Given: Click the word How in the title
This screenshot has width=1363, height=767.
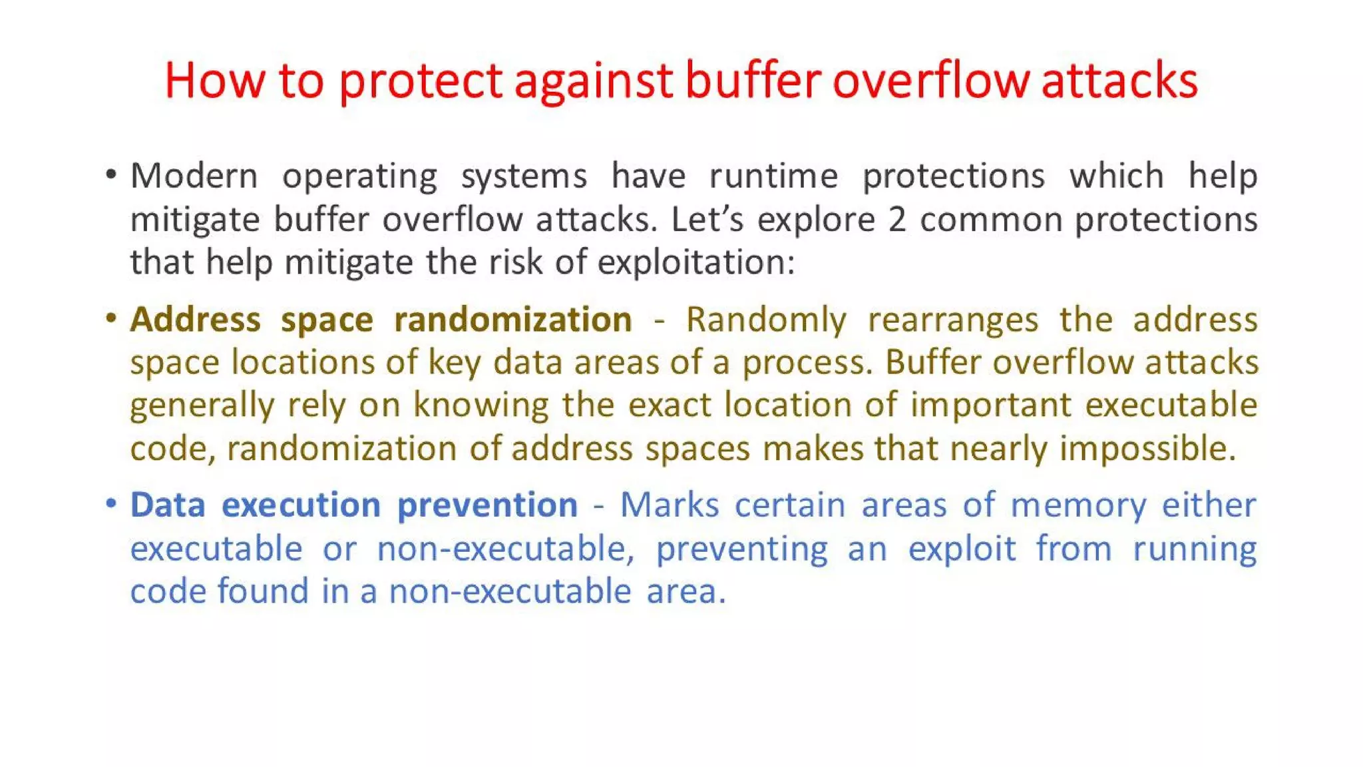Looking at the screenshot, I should click(214, 81).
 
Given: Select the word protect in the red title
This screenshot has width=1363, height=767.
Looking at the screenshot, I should click(420, 81).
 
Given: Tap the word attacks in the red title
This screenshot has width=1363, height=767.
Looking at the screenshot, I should click(1119, 81).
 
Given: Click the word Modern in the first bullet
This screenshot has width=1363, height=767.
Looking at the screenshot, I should click(194, 176).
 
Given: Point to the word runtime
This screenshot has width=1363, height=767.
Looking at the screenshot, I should click(773, 176).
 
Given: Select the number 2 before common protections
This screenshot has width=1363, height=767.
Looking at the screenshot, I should click(897, 220).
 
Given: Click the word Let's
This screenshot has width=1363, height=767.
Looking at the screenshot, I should click(707, 220).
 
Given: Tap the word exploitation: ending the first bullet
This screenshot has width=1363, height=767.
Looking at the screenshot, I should click(696, 262).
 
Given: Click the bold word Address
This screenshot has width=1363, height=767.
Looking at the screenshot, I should click(195, 320).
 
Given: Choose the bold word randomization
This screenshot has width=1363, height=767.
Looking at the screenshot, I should click(512, 320).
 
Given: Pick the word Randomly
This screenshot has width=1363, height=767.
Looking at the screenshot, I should click(766, 320).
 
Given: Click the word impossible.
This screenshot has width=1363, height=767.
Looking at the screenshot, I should click(1147, 449).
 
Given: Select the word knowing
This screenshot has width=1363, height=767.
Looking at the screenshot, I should click(481, 405).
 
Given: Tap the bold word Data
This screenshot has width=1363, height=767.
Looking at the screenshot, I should click(167, 505).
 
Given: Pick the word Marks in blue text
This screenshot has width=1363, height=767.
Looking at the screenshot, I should click(670, 505).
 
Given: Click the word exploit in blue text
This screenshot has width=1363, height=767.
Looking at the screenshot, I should click(962, 549).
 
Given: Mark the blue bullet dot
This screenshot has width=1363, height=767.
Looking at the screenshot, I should click(111, 503).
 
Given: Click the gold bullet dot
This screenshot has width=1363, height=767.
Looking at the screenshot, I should click(111, 318).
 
